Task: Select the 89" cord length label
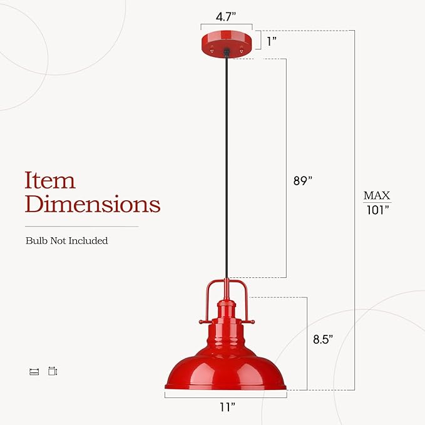tap(302, 180)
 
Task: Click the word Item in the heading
tap(50, 180)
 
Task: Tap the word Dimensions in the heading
tap(93, 204)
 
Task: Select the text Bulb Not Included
tap(66, 241)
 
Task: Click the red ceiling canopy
tap(226, 43)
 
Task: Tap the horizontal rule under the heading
tap(81, 226)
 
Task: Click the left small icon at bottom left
tap(34, 372)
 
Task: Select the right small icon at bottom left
tap(53, 371)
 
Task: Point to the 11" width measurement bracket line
tap(226, 396)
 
